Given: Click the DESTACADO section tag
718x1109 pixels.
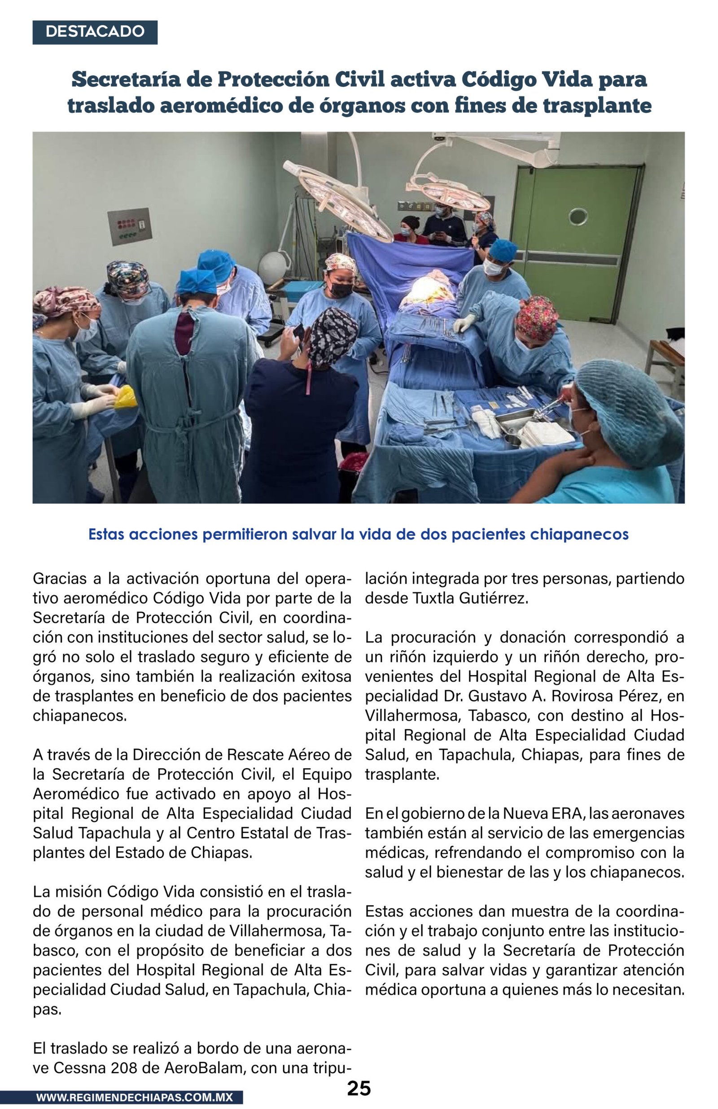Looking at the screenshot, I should pyautogui.click(x=95, y=32).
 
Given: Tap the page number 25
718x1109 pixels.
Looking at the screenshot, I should pyautogui.click(x=359, y=1088).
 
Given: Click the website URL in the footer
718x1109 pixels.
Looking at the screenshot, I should pyautogui.click(x=134, y=1097).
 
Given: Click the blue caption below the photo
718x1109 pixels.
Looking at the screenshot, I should pyautogui.click(x=358, y=534).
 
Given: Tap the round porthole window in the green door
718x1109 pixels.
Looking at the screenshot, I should pyautogui.click(x=578, y=217).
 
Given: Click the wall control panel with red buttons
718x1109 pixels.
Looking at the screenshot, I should pyautogui.click(x=130, y=226).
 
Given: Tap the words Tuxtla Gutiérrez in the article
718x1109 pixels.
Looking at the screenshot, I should pyautogui.click(x=470, y=598).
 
